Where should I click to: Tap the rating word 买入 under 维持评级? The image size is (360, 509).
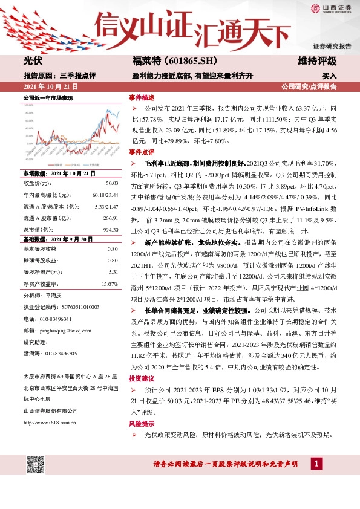point(329,76)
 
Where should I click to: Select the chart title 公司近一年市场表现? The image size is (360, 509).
point(48,97)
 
